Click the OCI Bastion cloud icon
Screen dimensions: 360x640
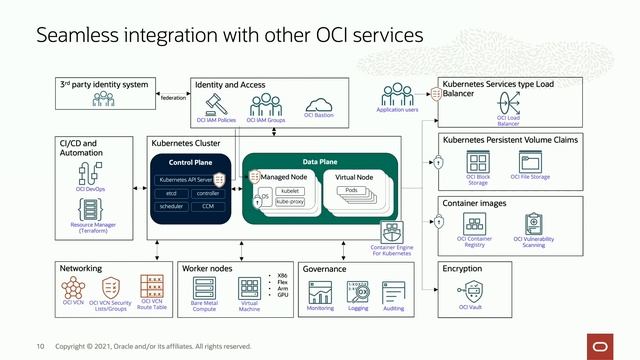pyautogui.click(x=318, y=105)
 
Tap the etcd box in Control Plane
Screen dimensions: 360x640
pyautogui.click(x=171, y=192)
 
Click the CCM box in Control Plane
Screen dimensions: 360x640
pyautogui.click(x=208, y=206)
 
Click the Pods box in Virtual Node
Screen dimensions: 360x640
pyautogui.click(x=351, y=190)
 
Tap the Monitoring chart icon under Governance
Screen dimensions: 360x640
pyautogui.click(x=321, y=292)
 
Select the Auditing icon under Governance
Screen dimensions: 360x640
pyautogui.click(x=393, y=292)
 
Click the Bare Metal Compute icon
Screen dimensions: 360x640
pyautogui.click(x=205, y=288)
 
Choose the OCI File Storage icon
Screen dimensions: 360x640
pyautogui.click(x=529, y=160)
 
